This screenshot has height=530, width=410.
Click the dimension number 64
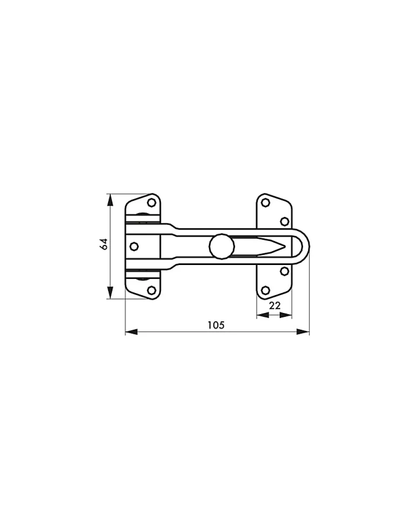[x=104, y=244]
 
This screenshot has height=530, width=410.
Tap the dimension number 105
[x=215, y=325]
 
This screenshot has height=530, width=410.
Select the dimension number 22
[x=275, y=305]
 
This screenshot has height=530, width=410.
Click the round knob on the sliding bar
[x=222, y=246]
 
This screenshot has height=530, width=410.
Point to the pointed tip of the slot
[x=285, y=247]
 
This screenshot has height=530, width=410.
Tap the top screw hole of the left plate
[x=151, y=203]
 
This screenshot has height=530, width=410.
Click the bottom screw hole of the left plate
[x=151, y=290]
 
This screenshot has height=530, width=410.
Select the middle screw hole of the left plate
[x=134, y=246]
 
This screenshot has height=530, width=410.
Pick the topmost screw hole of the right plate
[x=265, y=203]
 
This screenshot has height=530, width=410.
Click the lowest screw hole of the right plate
[x=265, y=290]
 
